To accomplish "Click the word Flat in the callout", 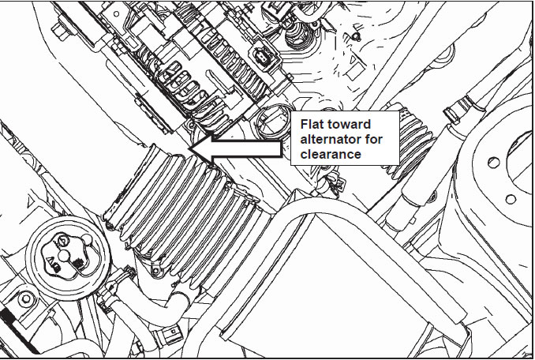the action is [312, 124].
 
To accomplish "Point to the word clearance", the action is [331, 154].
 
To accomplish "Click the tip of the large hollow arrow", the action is [189, 148].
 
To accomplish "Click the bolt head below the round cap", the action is [26, 299].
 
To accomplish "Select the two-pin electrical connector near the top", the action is [260, 56].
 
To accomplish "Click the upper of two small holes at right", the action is [493, 163].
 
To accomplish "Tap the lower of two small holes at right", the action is [510, 199].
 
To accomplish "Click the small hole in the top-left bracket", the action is [116, 14].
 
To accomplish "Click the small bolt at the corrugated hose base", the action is [155, 271].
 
